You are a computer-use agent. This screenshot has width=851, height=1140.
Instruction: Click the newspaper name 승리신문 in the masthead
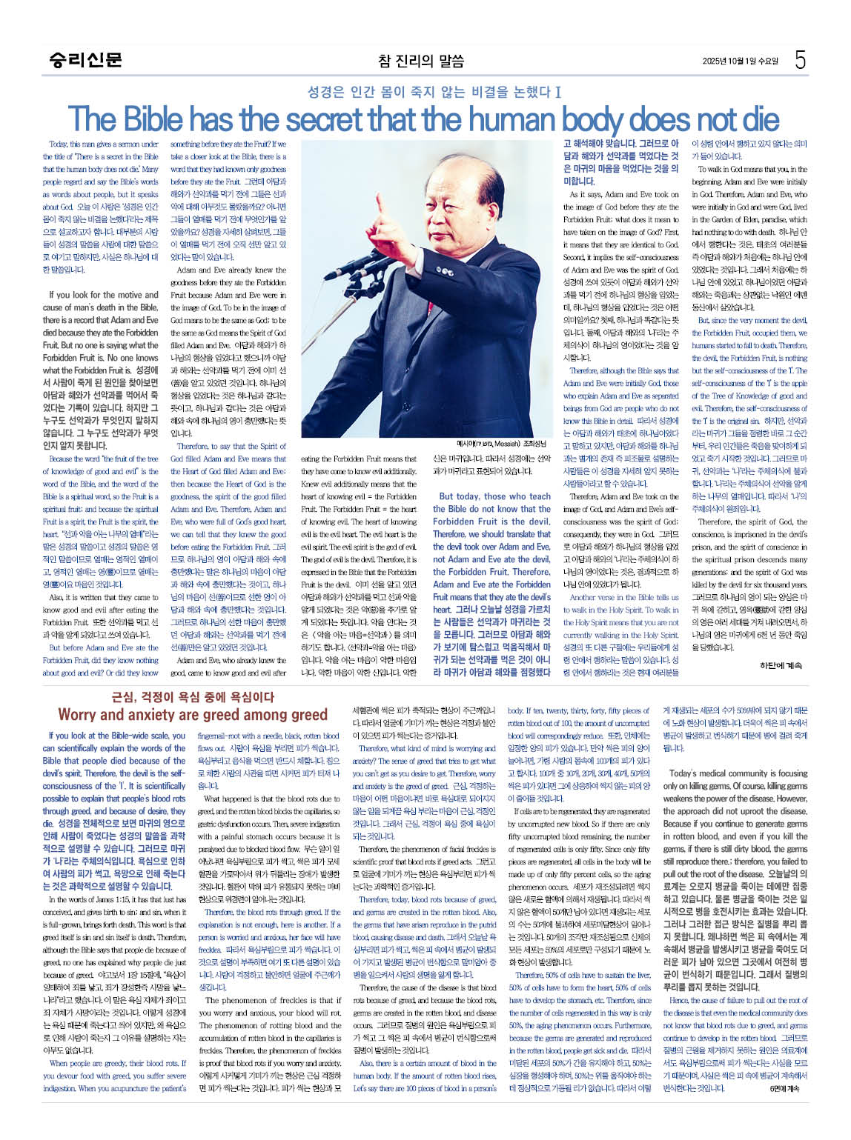[x=85, y=60]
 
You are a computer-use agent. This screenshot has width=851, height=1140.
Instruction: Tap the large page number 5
[x=799, y=60]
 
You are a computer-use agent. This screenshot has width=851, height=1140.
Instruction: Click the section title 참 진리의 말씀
[x=420, y=61]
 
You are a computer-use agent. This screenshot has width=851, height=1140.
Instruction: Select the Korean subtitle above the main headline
[x=434, y=93]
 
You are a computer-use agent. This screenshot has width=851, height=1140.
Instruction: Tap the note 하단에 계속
[x=781, y=665]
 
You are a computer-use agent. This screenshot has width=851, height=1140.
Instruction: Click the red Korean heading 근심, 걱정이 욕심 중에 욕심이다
[x=192, y=697]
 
